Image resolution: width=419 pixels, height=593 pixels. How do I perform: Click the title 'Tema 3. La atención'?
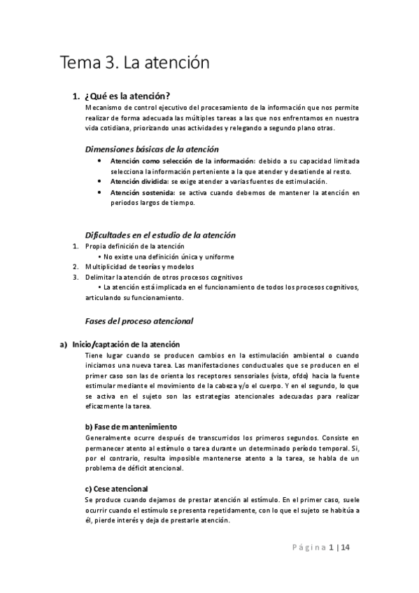click(135, 63)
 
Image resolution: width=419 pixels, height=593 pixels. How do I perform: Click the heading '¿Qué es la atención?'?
click(128, 96)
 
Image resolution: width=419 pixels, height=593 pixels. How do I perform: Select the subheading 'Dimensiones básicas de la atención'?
click(152, 149)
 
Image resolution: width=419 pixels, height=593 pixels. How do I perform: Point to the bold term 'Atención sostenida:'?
click(142, 192)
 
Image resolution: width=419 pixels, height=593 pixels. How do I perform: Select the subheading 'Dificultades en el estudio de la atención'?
click(160, 235)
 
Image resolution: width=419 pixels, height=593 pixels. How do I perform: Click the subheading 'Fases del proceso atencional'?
click(139, 321)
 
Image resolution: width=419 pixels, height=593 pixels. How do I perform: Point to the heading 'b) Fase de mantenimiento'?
click(131, 427)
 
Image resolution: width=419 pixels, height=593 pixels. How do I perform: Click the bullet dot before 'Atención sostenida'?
click(103, 192)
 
